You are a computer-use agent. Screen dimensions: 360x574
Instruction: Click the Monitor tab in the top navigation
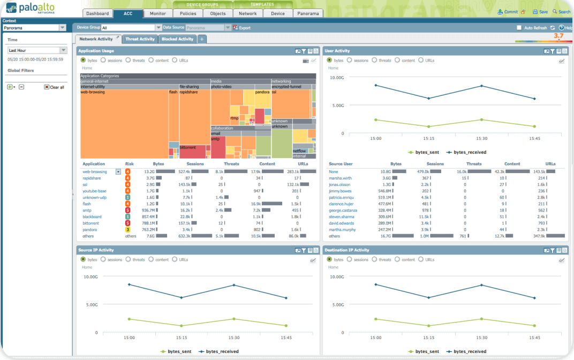(x=157, y=13)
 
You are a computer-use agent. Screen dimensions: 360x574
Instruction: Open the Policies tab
(x=187, y=13)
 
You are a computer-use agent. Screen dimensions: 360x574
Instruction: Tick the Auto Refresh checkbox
(x=519, y=28)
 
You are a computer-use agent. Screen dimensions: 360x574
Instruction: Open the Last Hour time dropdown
(x=36, y=50)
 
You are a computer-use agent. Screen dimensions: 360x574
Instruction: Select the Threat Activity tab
(x=140, y=39)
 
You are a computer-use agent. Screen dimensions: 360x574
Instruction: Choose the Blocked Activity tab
(x=177, y=39)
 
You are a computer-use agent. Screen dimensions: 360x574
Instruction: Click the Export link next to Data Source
(x=244, y=28)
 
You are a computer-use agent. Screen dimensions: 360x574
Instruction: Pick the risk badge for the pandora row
(x=128, y=229)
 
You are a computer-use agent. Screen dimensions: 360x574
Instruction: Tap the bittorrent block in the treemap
(x=187, y=147)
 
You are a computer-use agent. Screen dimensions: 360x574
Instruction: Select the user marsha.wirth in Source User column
(x=341, y=178)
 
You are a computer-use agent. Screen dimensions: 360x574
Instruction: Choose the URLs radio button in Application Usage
(x=175, y=61)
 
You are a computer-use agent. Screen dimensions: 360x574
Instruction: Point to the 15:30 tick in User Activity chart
(x=481, y=138)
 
